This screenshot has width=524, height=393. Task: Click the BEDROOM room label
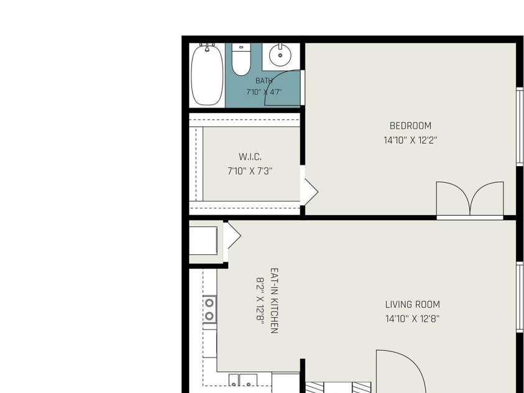click(410, 126)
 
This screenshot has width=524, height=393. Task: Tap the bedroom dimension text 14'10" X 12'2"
click(410, 140)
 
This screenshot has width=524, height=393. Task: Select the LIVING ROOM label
click(412, 305)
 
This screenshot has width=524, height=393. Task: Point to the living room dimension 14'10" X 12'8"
click(412, 318)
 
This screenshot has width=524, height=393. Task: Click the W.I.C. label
click(250, 157)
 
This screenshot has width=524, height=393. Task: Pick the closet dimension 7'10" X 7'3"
click(250, 171)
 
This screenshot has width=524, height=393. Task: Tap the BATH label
click(264, 81)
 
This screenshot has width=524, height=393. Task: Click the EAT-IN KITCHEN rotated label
click(274, 301)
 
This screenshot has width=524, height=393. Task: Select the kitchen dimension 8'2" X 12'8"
click(260, 301)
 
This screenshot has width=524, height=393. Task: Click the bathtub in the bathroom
click(207, 75)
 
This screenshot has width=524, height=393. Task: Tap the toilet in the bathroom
click(241, 60)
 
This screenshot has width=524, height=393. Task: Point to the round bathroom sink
click(280, 55)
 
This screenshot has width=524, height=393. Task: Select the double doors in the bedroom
click(470, 199)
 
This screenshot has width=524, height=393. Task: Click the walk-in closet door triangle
click(311, 192)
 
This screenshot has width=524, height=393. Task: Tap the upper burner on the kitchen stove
click(209, 303)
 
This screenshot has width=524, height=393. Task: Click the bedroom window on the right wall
click(520, 126)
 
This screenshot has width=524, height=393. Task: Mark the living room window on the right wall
click(520, 297)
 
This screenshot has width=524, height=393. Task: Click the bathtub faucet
click(207, 47)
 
